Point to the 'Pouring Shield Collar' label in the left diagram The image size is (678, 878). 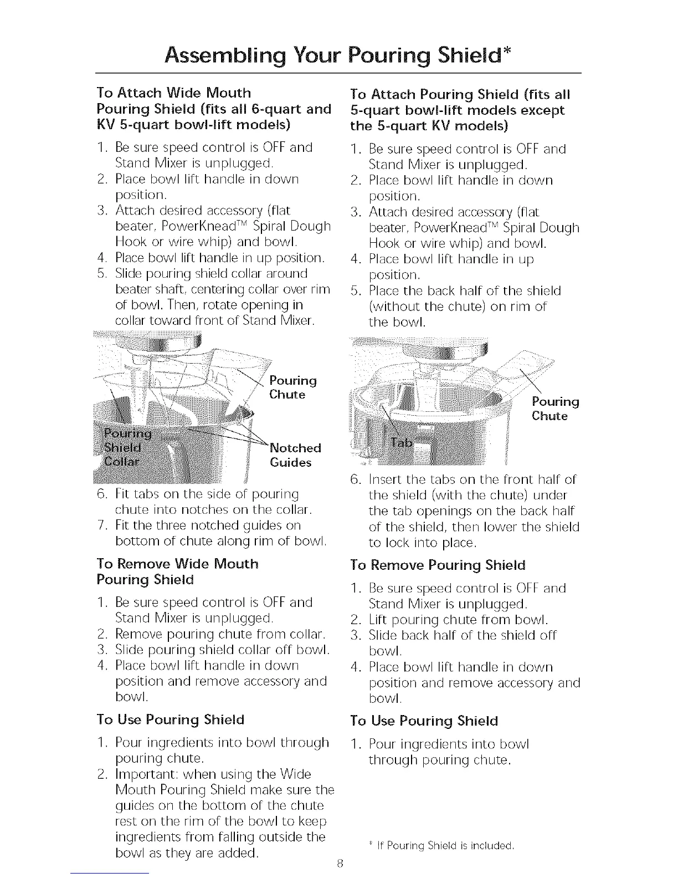pyautogui.click(x=123, y=447)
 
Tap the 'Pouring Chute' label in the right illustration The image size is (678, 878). pyautogui.click(x=554, y=409)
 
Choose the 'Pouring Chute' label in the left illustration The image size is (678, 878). pyautogui.click(x=292, y=387)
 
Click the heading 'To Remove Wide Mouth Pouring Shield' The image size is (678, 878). pyautogui.click(x=177, y=571)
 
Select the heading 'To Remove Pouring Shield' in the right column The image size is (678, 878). pyautogui.click(x=438, y=565)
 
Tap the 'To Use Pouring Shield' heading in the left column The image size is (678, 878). pyautogui.click(x=170, y=720)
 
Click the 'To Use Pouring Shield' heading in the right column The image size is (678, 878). pyautogui.click(x=424, y=721)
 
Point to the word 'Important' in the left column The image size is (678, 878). pyautogui.click(x=143, y=774)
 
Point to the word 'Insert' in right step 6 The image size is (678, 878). pyautogui.click(x=384, y=479)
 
